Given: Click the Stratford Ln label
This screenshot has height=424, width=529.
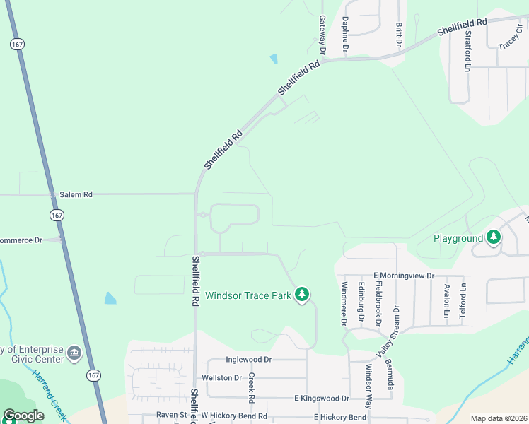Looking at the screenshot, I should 467,50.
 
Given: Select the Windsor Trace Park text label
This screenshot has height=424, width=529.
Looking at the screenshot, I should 248,295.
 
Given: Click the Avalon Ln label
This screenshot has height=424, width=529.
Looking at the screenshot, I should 447,300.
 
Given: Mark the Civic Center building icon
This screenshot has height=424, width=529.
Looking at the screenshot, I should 74,352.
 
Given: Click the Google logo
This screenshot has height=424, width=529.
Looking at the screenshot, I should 23,416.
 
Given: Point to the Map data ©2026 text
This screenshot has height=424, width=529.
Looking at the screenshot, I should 498,418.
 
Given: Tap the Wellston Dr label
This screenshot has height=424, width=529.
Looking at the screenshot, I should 222,378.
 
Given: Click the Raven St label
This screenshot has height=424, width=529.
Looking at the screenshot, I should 171,416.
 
